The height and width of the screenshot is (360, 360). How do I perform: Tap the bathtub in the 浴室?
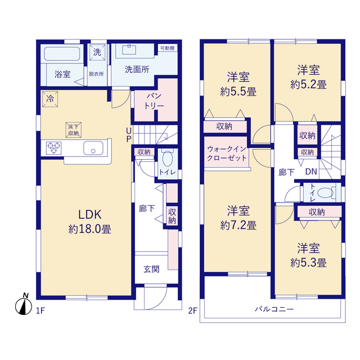coord(62,54)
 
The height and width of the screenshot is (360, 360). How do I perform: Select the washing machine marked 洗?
coord(97,52)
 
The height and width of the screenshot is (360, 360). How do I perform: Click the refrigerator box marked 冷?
coord(50,99)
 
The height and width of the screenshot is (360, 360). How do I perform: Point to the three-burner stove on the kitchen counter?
coord(54,148)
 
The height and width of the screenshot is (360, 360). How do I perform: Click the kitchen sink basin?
coord(93,148)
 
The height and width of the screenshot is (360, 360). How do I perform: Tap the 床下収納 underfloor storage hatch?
coord(74,130)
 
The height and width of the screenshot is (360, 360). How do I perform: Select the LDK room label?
coord(90,214)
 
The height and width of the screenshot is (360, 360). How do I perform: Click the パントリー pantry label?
coord(154,101)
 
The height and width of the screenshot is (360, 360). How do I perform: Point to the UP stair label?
coord(129,135)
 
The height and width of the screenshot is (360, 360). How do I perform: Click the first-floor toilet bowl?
coord(168,159)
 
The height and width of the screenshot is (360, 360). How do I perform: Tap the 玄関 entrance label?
coord(151,269)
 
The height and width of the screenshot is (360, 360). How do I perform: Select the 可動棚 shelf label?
coord(168,48)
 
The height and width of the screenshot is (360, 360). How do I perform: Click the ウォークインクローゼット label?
coord(227,154)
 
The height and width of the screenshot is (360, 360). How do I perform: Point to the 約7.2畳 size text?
coord(238,225)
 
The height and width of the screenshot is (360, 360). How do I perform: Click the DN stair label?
coord(311,172)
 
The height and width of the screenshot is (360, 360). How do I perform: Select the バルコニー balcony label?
coord(274,309)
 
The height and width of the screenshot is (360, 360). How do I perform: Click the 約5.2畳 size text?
coord(308,85)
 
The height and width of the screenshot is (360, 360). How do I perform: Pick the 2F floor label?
coord(193,310)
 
